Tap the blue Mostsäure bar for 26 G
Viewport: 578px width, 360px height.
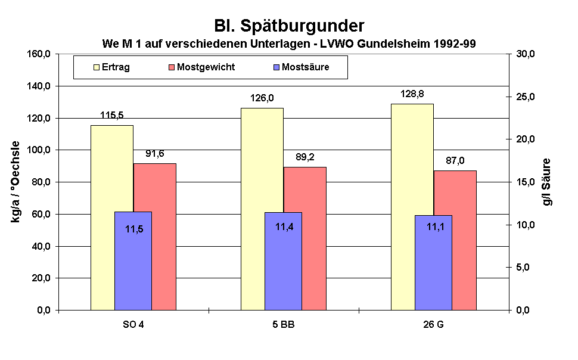[x=433, y=262]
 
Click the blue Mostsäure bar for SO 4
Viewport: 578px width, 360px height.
[x=133, y=262]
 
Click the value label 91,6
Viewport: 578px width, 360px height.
[x=155, y=154]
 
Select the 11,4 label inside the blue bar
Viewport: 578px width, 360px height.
[x=284, y=226]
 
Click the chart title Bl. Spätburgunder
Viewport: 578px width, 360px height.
[x=289, y=26]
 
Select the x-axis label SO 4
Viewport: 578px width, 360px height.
[x=133, y=326]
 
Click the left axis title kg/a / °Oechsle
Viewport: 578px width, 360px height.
[x=15, y=181]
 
